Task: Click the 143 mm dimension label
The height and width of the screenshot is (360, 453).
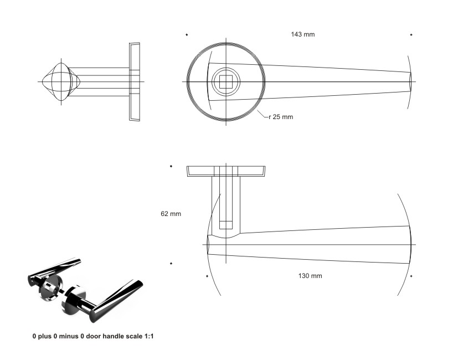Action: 303,34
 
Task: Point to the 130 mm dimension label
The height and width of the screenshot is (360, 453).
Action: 310,276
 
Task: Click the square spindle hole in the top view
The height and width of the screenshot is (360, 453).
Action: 226,82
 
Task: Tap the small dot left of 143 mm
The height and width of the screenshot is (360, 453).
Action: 187,35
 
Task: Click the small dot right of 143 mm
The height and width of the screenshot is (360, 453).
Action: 411,35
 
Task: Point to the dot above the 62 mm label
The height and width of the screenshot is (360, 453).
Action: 171,166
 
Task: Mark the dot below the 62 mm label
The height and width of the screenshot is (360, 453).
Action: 171,263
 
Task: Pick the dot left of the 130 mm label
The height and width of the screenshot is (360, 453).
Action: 208,276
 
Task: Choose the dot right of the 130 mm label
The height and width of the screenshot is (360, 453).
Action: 411,276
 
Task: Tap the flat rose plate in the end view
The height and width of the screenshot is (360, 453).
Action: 134,82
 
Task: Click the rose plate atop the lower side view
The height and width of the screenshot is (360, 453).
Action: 225,171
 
